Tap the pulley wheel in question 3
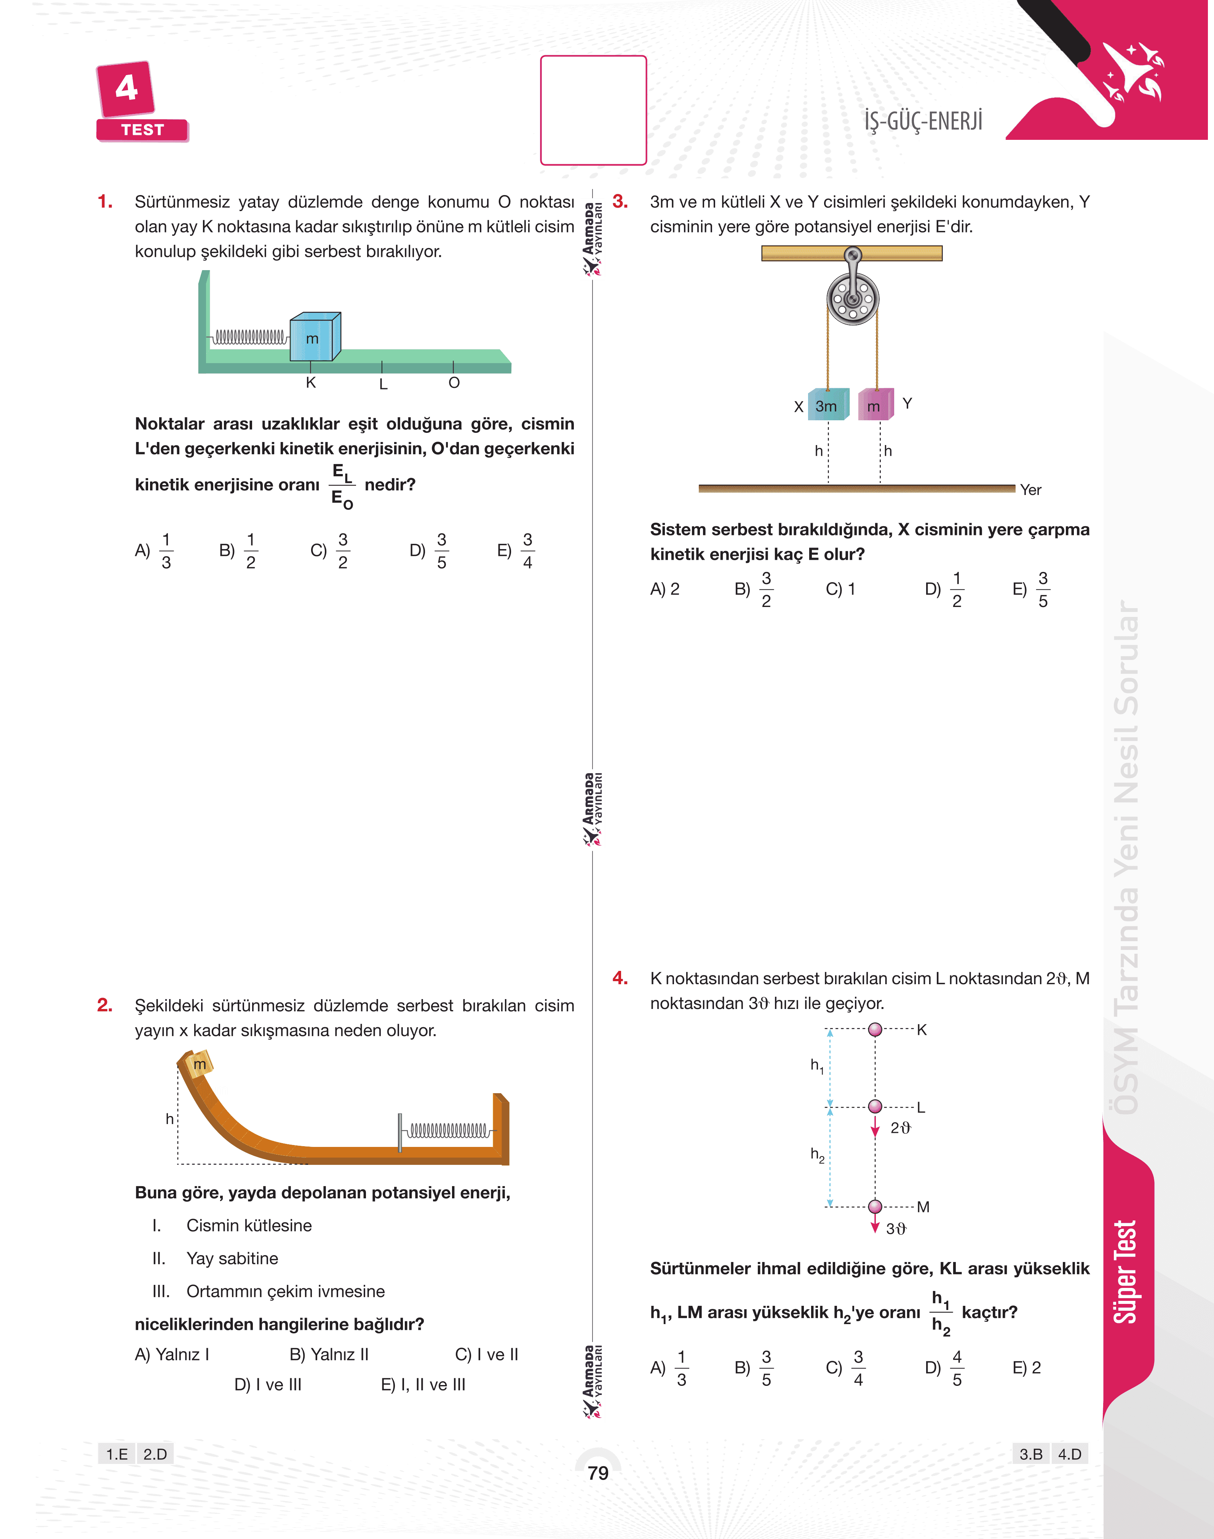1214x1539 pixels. point(853,299)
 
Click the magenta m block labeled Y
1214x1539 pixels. point(876,405)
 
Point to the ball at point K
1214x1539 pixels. point(876,1029)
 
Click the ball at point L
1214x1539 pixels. point(876,1107)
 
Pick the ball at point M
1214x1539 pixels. point(876,1206)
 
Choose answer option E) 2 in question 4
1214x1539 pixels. point(1026,1368)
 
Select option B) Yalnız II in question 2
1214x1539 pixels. point(329,1354)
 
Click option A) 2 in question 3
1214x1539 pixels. point(665,589)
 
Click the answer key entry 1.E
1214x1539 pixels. point(117,1454)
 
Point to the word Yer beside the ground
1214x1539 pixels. point(1030,489)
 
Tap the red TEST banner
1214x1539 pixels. point(142,130)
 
